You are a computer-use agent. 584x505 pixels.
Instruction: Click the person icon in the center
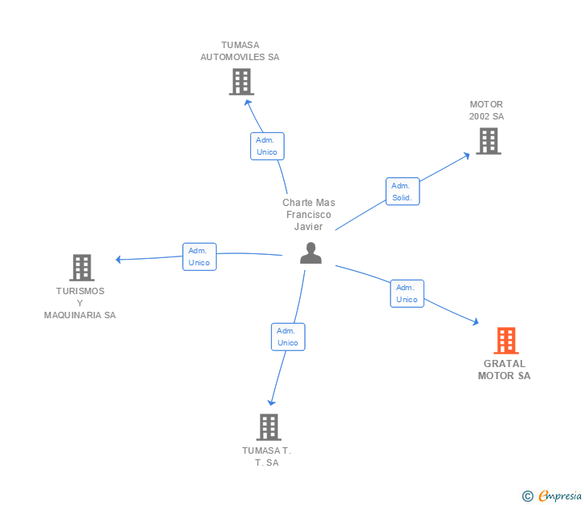click(x=310, y=253)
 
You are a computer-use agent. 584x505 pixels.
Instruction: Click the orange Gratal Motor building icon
click(x=505, y=341)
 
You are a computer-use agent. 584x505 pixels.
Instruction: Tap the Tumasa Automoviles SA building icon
click(x=241, y=82)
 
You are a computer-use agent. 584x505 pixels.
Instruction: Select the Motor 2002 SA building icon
click(x=488, y=141)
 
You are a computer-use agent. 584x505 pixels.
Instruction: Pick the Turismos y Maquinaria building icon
click(x=81, y=268)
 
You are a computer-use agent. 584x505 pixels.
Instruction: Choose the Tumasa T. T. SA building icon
click(x=269, y=427)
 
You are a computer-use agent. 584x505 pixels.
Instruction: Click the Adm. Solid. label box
click(x=402, y=192)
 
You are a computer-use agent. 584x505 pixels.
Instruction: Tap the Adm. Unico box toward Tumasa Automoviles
click(x=266, y=146)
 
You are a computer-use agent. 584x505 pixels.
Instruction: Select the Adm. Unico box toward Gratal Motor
click(x=407, y=293)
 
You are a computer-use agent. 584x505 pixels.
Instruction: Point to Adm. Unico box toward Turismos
click(x=199, y=257)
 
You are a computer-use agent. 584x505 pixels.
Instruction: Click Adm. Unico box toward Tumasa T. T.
click(x=288, y=337)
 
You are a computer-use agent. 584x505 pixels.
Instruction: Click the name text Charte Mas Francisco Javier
click(x=309, y=215)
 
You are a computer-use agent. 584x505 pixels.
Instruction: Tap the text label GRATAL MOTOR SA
click(x=505, y=370)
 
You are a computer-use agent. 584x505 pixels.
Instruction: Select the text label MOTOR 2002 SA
click(x=487, y=111)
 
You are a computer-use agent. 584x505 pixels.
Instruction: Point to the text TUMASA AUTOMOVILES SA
click(x=240, y=51)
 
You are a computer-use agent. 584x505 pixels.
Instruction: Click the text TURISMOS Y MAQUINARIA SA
click(x=80, y=303)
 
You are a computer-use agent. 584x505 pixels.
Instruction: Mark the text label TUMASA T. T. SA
click(x=266, y=456)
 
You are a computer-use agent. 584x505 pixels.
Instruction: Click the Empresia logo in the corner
click(x=552, y=496)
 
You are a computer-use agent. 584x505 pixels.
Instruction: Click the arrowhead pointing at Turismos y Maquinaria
click(x=119, y=259)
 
